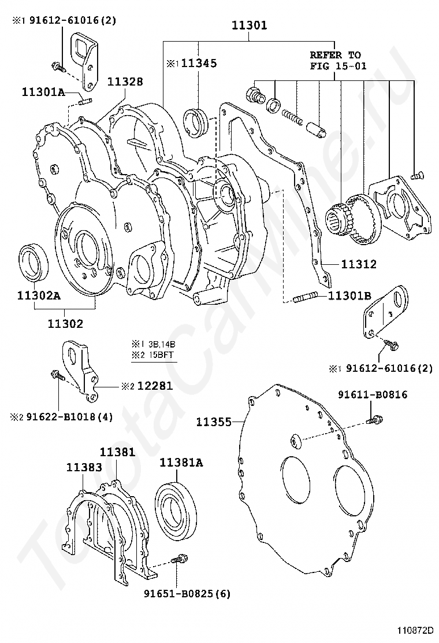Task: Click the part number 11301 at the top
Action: (x=249, y=25)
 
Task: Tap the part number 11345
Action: (x=199, y=64)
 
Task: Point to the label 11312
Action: (x=359, y=264)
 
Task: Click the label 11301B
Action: (x=349, y=296)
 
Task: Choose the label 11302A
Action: (x=38, y=295)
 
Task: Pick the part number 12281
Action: (x=154, y=386)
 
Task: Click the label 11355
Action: (x=213, y=422)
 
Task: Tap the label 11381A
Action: (x=181, y=462)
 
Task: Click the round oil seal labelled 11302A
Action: (x=32, y=260)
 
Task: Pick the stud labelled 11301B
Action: (x=304, y=299)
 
